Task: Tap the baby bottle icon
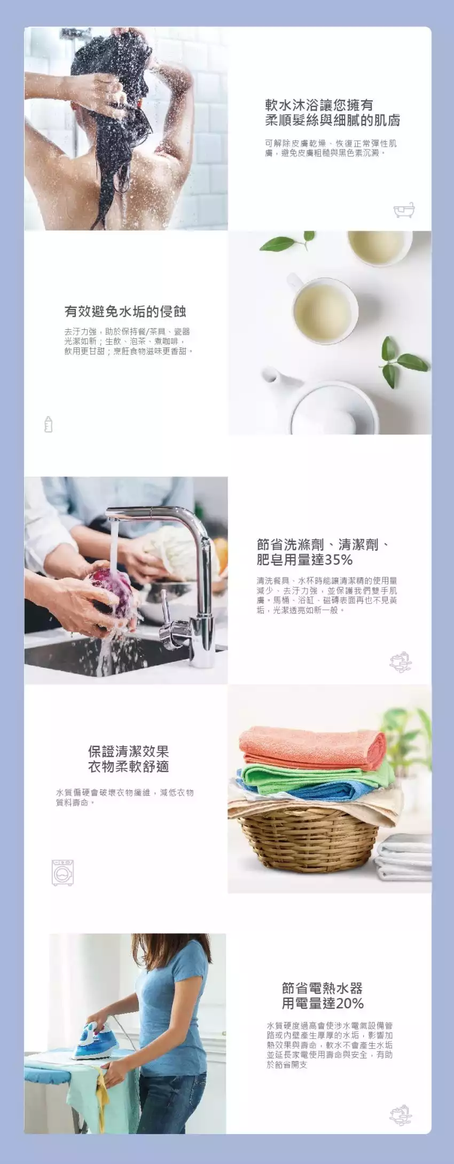pos(49,424)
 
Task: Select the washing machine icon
pos(62,873)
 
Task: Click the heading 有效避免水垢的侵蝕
pos(126,311)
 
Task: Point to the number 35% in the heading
pos(339,560)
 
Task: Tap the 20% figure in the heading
pos(349,1003)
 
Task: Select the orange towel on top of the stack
pos(312,746)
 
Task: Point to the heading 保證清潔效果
pos(129,751)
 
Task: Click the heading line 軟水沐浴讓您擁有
pos(319,105)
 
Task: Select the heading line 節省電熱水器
pos(323,988)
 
